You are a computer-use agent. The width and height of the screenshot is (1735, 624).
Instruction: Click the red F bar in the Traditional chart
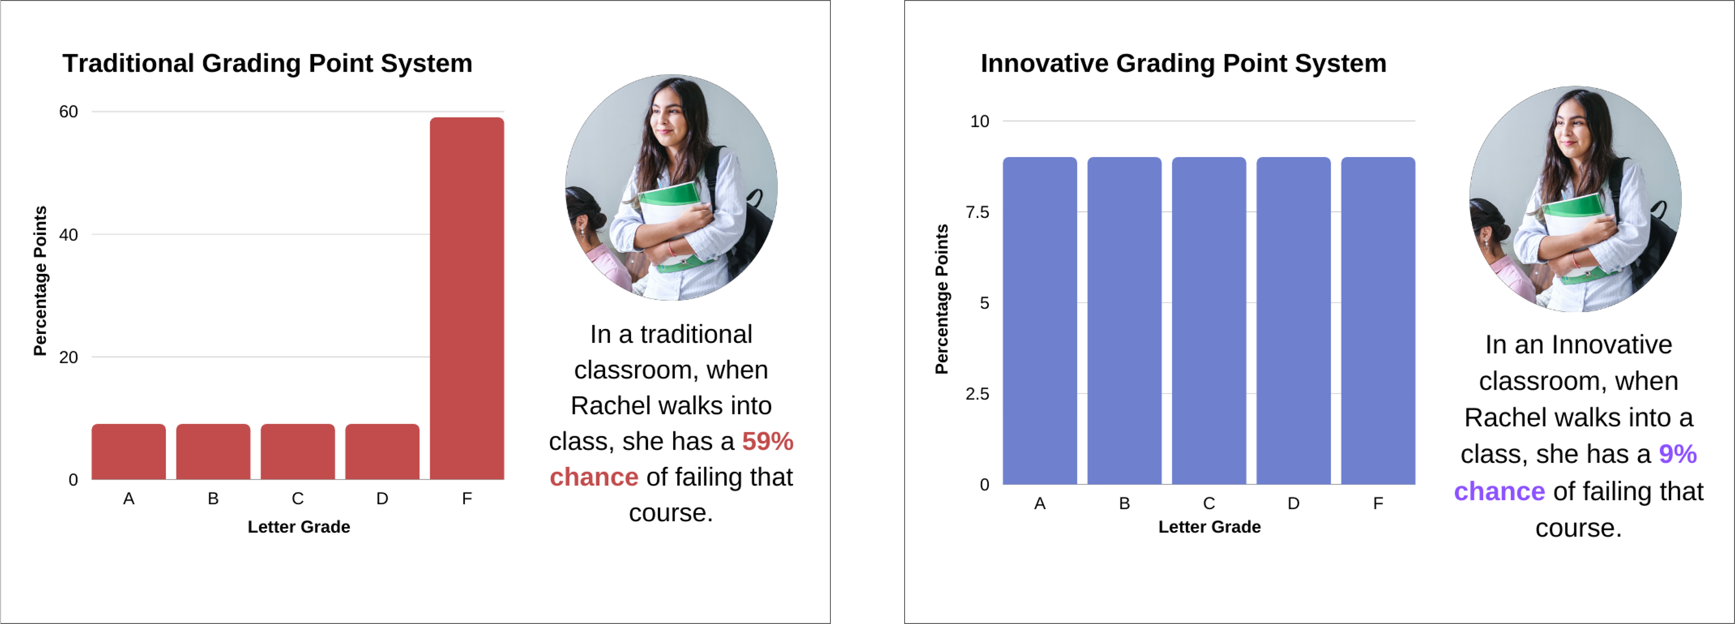tap(467, 298)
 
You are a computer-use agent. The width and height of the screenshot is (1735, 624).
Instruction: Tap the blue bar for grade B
tap(1124, 321)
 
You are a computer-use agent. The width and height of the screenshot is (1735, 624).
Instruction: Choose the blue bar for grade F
tap(1378, 321)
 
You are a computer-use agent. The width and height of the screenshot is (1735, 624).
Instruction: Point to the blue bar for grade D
tap(1293, 321)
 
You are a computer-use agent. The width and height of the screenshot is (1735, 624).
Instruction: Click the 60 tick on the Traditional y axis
tap(69, 112)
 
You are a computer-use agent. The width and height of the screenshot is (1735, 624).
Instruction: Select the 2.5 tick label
tap(977, 393)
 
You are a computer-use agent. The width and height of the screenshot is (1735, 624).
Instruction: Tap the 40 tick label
tap(69, 235)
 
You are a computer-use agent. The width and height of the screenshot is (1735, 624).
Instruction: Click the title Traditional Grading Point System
tap(267, 63)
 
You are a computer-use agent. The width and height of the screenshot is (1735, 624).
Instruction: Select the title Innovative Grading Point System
tap(1183, 63)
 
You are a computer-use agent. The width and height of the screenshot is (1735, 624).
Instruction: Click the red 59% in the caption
tap(767, 441)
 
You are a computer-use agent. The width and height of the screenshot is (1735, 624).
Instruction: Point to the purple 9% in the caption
tap(1677, 454)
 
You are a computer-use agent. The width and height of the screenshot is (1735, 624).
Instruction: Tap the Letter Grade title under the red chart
tap(299, 527)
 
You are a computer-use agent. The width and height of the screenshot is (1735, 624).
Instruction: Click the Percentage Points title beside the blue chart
tap(942, 299)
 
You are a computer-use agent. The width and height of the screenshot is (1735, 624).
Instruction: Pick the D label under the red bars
tap(382, 499)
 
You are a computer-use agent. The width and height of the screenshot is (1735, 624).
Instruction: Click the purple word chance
tap(1499, 491)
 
